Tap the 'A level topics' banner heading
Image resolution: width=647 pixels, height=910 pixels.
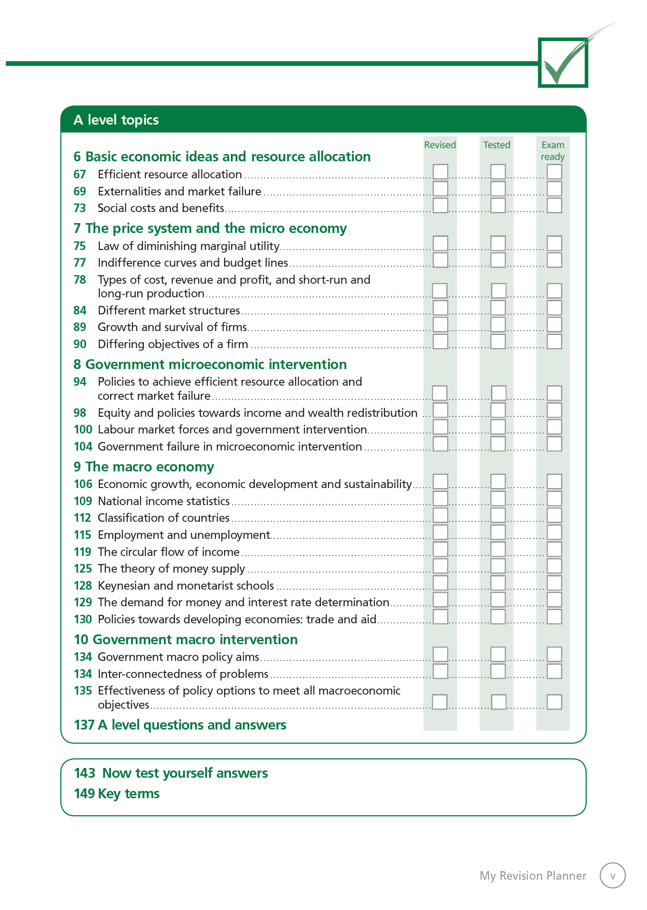pos(116,120)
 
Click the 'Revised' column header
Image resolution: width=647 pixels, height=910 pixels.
pos(440,145)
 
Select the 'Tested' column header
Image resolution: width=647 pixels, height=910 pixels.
pos(497,145)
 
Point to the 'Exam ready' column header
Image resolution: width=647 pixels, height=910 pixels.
pos(553,151)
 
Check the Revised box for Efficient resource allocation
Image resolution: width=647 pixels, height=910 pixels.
pos(440,172)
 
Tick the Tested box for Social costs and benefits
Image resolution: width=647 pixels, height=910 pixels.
pos(498,205)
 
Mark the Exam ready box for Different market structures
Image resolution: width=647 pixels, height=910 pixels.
pos(554,308)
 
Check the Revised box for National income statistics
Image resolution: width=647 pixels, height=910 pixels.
pos(440,498)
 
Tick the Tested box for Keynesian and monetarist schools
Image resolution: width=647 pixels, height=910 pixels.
pos(498,583)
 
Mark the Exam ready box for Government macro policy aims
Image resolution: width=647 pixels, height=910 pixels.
pos(554,654)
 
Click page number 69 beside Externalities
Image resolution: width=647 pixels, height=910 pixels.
pos(80,192)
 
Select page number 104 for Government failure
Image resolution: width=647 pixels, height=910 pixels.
pos(83,447)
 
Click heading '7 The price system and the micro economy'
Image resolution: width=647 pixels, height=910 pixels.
pos(210,229)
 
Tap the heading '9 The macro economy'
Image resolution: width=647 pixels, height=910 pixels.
pos(144,467)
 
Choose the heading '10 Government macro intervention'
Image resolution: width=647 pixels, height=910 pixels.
pos(186,640)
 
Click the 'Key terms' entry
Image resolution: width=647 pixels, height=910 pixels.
pos(117,794)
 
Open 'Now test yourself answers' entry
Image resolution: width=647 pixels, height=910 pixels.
pos(171,773)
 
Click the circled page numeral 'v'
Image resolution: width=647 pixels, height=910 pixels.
pos(612,875)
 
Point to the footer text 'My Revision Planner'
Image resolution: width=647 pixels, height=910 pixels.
pos(533,876)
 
